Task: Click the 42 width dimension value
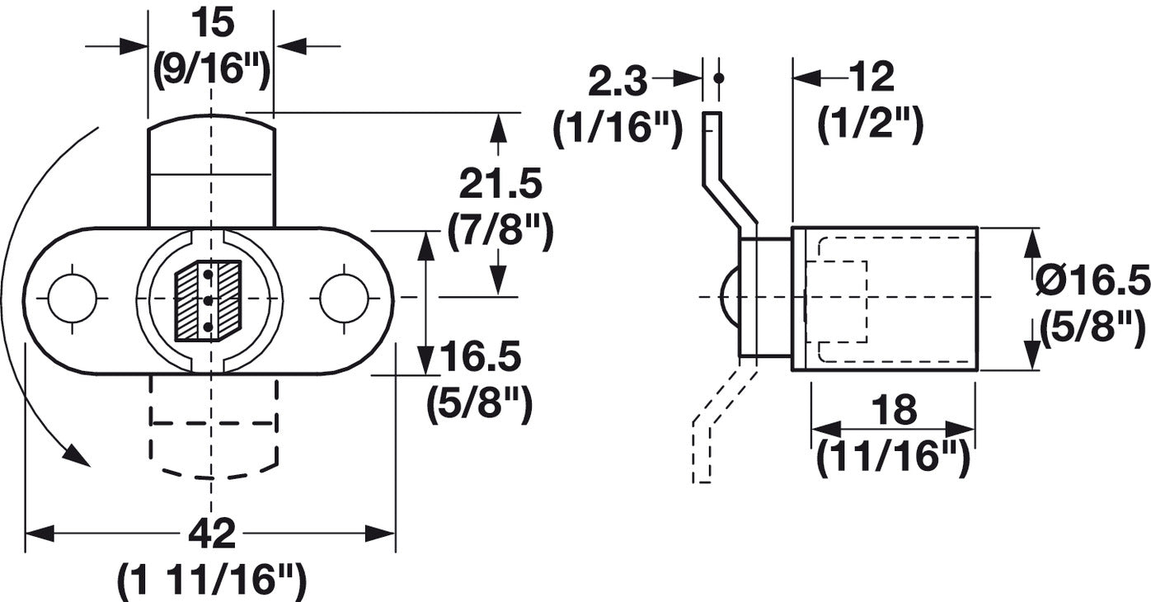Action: click(x=212, y=534)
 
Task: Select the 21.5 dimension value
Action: click(x=500, y=184)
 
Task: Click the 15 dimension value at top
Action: click(x=213, y=23)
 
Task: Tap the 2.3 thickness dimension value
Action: click(x=618, y=81)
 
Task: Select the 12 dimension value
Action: click(x=872, y=78)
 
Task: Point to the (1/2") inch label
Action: click(x=871, y=124)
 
